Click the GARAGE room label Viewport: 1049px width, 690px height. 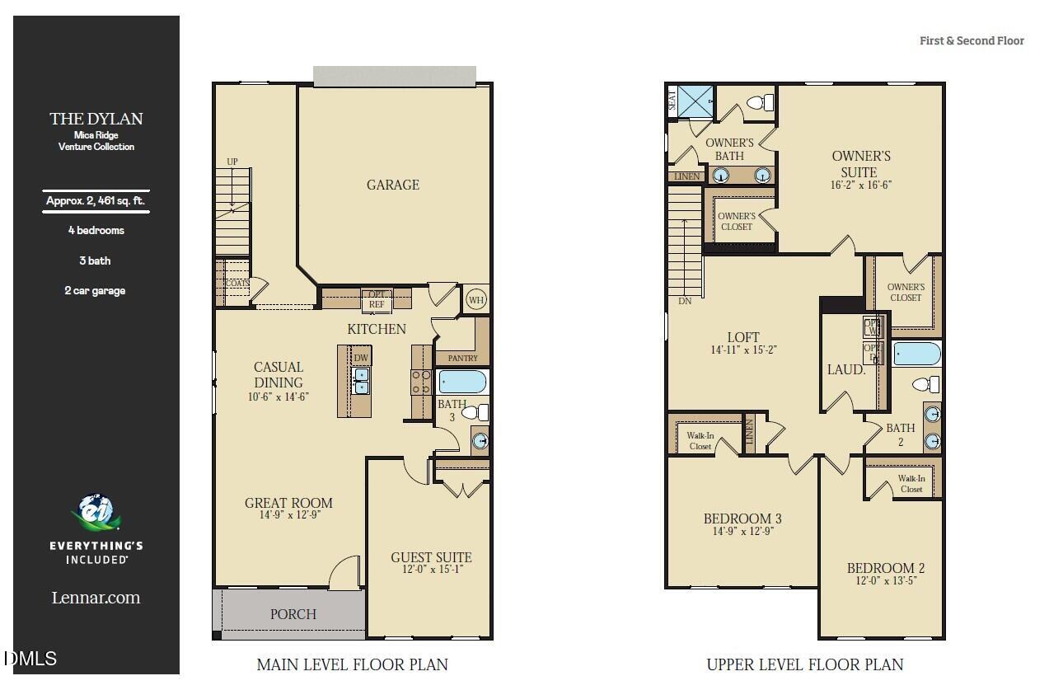coord(392,185)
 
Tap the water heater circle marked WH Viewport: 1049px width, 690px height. coord(476,299)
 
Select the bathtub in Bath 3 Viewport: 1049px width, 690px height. coord(462,382)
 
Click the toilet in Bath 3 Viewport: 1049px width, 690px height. coord(475,412)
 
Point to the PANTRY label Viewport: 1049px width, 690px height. coord(462,359)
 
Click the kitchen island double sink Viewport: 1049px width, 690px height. coord(361,381)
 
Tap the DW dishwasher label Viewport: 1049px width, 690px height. coord(361,357)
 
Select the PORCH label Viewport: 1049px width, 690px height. coord(293,614)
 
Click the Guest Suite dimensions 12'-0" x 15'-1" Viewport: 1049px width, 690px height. coord(431,569)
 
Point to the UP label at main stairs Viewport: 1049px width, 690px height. coord(232,162)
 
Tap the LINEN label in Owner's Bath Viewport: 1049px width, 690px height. coord(686,176)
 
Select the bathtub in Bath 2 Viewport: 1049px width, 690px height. coord(916,354)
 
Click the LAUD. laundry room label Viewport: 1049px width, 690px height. coord(846,370)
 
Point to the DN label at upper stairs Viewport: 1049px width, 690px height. coord(685,301)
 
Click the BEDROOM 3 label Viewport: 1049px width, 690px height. coord(742,519)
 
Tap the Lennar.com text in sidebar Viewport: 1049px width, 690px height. coord(96,598)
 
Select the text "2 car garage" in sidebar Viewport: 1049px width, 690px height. coord(96,290)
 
